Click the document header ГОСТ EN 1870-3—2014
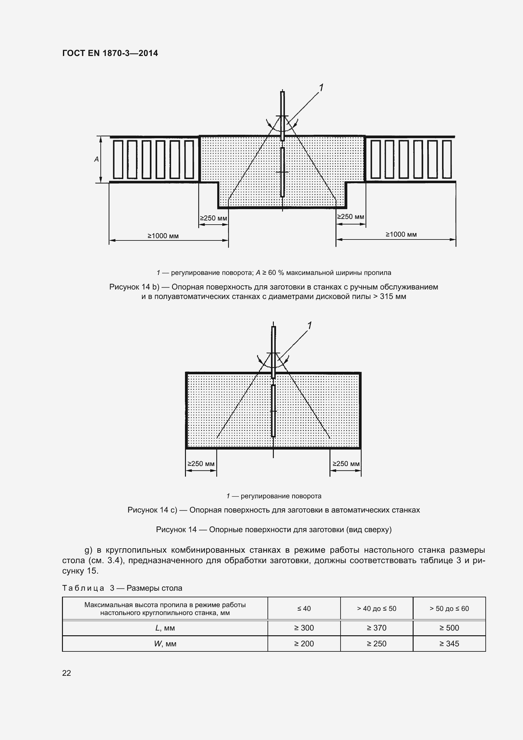tap(110, 53)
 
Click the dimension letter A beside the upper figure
tap(96, 159)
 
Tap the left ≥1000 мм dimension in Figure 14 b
tap(163, 236)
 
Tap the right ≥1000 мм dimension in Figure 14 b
tap(401, 234)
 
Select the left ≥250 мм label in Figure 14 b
tap(213, 218)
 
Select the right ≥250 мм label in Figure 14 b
tap(350, 217)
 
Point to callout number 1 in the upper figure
tap(321, 87)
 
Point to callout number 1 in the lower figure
tap(310, 326)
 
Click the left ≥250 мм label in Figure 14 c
tap(201, 464)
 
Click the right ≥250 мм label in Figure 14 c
tap(346, 464)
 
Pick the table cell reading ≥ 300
tap(304, 628)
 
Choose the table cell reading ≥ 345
tap(449, 644)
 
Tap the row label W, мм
tap(165, 644)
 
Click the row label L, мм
tap(165, 628)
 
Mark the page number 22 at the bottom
tap(66, 673)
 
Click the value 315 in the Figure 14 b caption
tap(386, 296)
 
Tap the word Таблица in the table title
tap(83, 588)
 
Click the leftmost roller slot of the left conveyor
tap(118, 159)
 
